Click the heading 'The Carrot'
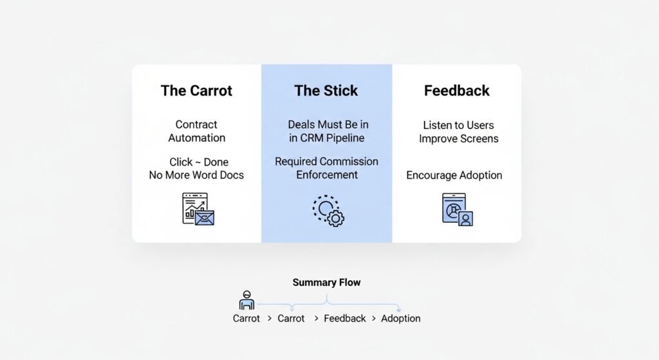196,91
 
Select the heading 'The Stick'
326,91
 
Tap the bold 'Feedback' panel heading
456,91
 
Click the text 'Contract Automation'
196,131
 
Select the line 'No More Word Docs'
196,175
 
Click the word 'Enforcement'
326,175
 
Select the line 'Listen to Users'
458,125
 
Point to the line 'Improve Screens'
458,138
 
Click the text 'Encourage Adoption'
454,175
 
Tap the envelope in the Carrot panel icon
205,217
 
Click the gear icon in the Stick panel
335,218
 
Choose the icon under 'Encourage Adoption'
458,209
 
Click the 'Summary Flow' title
326,282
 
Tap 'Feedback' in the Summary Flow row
344,318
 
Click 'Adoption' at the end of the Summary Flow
400,318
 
